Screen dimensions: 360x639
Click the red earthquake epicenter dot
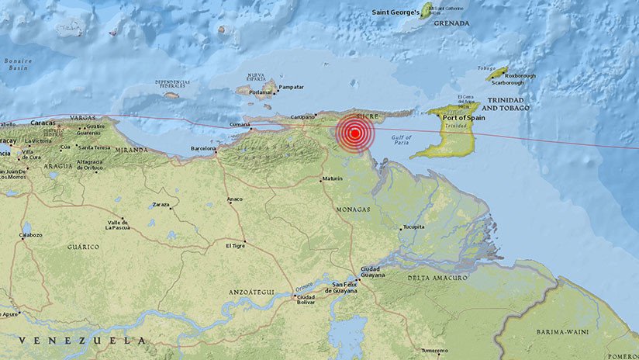[x=355, y=133]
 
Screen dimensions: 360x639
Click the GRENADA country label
[x=451, y=23]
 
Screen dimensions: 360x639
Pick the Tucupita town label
[x=413, y=228]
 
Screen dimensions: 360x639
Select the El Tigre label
[x=236, y=245]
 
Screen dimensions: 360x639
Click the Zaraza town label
[x=161, y=204]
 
